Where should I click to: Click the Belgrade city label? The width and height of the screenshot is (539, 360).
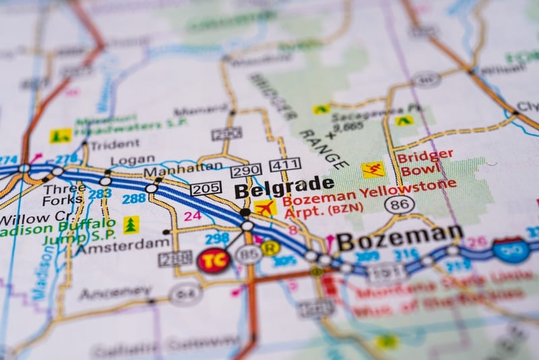pos(284,187)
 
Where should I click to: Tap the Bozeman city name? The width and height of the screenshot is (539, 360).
pos(399,237)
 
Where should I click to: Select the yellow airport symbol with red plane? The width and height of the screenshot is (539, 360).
pos(265,207)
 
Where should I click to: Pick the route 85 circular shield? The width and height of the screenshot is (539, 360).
pos(248,255)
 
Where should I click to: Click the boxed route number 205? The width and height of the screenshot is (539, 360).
pos(205,188)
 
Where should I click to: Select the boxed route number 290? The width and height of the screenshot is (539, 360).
pos(246,171)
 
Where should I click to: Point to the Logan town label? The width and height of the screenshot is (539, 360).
pos(132,160)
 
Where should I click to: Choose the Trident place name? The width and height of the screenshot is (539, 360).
pos(115,144)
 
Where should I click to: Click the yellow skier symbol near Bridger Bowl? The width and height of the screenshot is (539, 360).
pos(373,169)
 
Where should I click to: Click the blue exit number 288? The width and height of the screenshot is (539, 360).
pos(133,198)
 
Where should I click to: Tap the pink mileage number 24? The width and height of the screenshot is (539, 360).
pos(193,216)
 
